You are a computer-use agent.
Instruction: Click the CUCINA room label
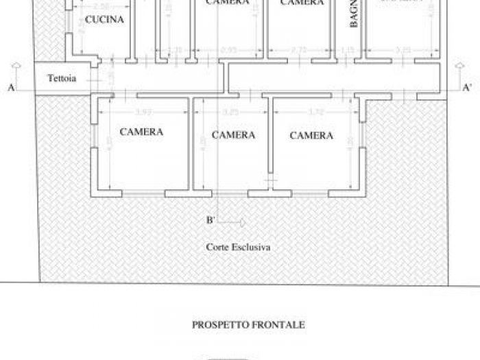tap(104, 20)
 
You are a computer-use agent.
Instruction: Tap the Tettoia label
tap(62, 78)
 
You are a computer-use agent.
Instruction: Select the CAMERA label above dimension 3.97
tap(141, 132)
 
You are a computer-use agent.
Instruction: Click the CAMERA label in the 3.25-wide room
tap(233, 135)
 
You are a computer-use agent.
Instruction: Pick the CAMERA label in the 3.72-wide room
tap(311, 136)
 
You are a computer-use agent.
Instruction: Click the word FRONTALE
tap(280, 324)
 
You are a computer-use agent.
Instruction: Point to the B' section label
tap(212, 220)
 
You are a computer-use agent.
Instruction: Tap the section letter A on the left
tap(12, 87)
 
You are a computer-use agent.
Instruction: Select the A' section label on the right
tap(467, 88)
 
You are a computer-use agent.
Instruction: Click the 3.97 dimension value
tap(143, 112)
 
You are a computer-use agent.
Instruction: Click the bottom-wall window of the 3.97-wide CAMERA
tap(143, 195)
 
